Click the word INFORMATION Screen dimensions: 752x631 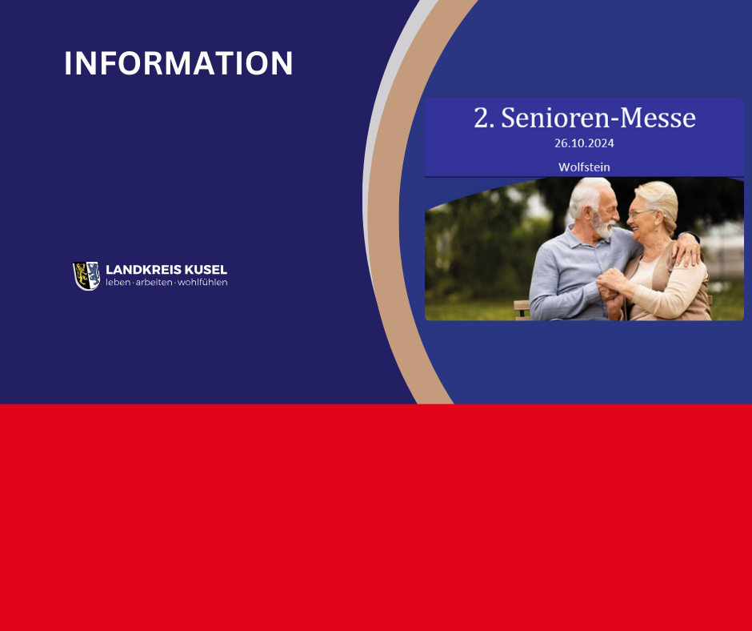(x=178, y=63)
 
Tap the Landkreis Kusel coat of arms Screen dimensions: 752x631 (x=86, y=275)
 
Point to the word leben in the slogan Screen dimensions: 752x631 (x=118, y=283)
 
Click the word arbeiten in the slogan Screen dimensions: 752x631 (x=154, y=283)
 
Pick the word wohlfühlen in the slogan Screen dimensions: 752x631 (x=202, y=283)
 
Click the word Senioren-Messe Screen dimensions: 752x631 (x=598, y=119)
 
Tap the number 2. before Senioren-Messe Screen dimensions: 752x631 (x=484, y=119)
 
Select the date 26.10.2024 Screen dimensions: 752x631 (x=584, y=143)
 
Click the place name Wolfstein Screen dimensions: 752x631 (x=584, y=167)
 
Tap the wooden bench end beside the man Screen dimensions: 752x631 (x=522, y=310)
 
